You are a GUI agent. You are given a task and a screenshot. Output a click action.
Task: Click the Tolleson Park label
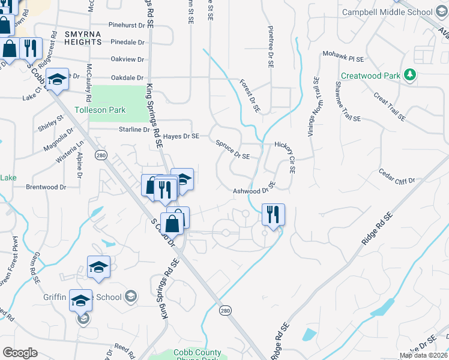tap(100, 110)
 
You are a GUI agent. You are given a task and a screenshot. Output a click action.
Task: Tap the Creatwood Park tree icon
tap(411, 75)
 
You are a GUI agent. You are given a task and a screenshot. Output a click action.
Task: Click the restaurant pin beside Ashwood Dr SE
tap(273, 214)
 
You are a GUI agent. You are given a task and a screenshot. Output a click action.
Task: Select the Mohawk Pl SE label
tap(343, 57)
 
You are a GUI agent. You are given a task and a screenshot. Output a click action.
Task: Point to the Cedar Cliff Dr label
tap(397, 176)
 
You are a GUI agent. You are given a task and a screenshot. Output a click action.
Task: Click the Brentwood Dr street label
tap(46, 187)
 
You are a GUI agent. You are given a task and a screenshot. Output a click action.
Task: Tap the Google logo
tap(20, 353)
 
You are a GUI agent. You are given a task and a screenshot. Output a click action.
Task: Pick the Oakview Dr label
tap(128, 59)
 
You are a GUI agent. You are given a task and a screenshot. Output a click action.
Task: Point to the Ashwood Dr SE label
tap(255, 190)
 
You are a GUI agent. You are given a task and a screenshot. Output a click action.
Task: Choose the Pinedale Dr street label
tap(128, 43)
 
